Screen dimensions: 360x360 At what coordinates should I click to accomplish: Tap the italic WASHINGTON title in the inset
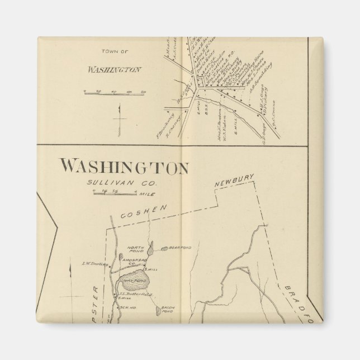(x=114, y=71)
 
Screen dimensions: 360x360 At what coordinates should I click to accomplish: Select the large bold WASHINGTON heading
(x=124, y=166)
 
